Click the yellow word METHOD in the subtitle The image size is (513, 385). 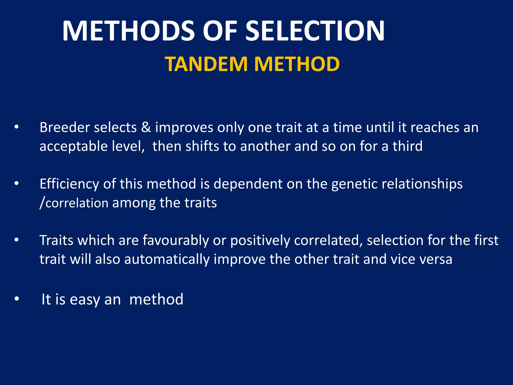point(297,64)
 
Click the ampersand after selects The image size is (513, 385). point(146,127)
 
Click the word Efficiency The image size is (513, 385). point(69,184)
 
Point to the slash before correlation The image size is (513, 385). point(42,203)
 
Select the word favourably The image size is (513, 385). point(176,240)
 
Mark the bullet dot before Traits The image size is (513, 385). point(17,240)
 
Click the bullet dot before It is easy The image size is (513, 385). point(17,299)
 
